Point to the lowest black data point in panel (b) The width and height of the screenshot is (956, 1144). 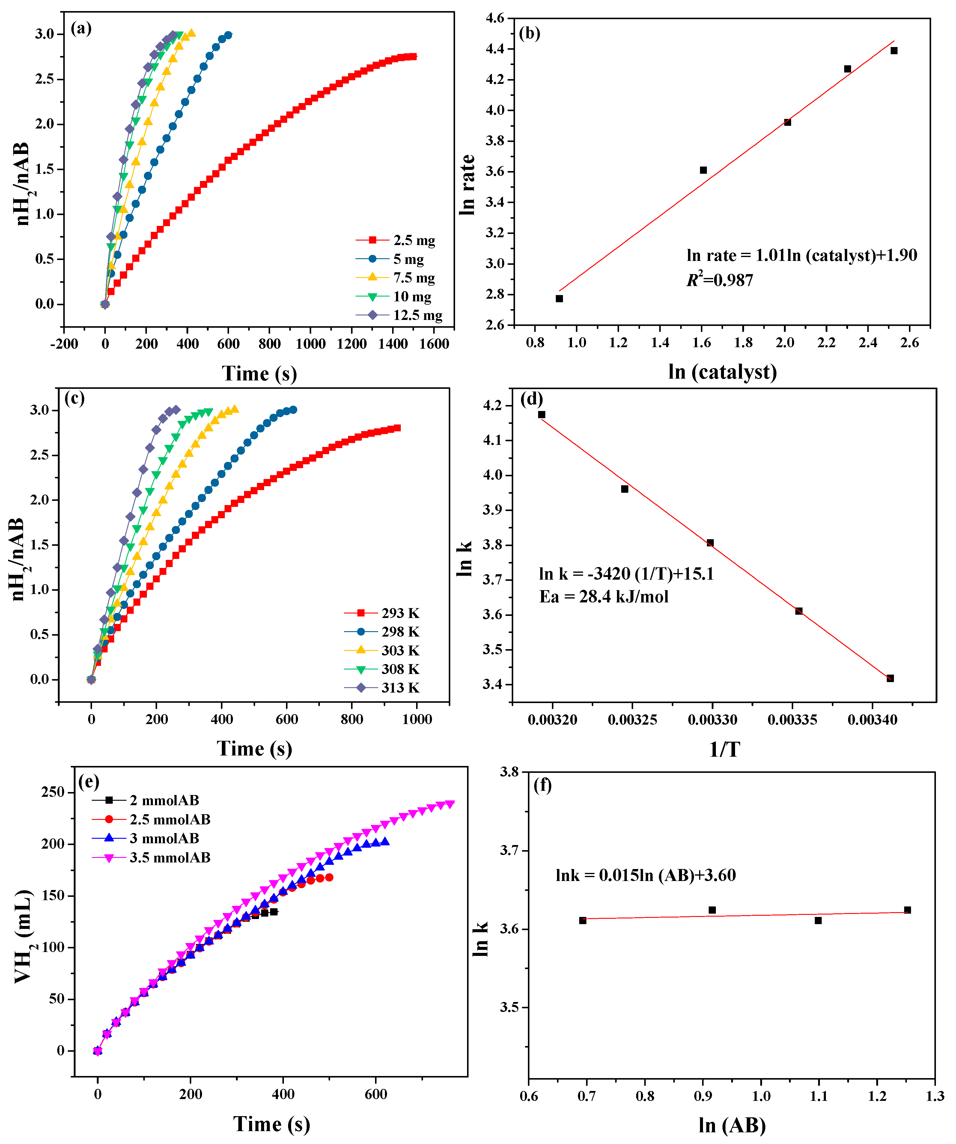tap(559, 299)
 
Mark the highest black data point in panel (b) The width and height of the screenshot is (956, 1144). tap(894, 51)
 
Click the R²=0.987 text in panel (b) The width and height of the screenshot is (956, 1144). tap(719, 280)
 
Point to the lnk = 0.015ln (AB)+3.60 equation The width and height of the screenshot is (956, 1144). tap(645, 875)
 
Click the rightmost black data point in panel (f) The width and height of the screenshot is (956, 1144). tap(907, 910)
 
